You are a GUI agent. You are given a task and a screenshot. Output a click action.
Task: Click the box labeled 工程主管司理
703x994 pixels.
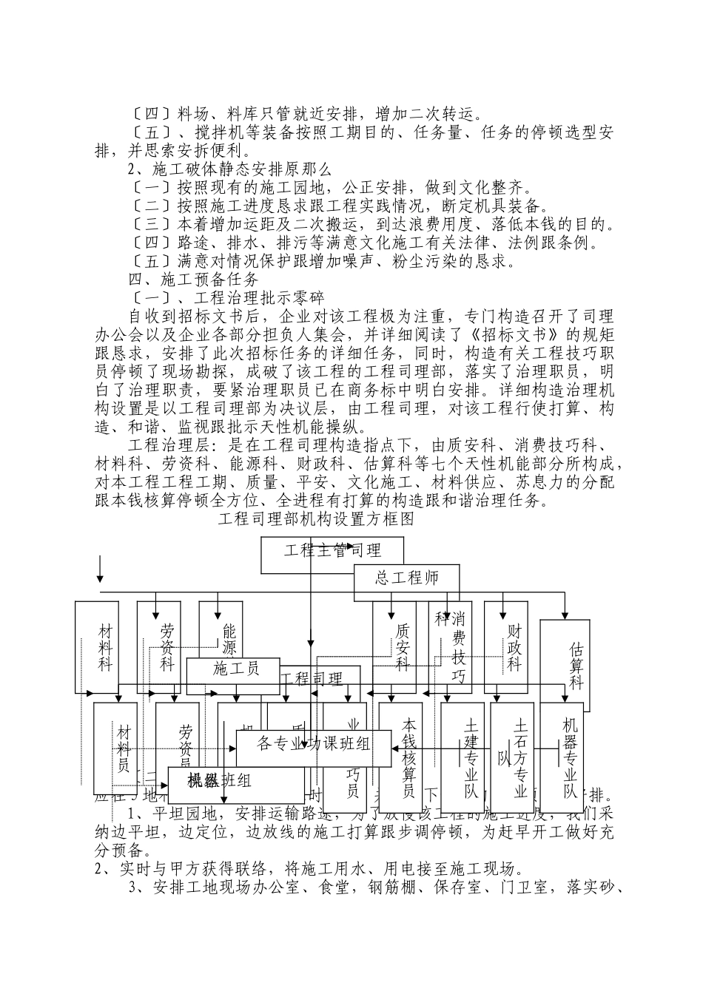click(332, 551)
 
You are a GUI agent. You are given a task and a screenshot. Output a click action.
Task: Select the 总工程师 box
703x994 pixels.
click(406, 578)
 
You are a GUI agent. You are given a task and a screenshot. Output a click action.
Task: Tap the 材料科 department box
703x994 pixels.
click(106, 648)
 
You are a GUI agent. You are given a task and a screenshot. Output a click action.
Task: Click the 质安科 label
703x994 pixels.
click(402, 648)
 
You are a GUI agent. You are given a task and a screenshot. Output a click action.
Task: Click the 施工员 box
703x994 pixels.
click(236, 670)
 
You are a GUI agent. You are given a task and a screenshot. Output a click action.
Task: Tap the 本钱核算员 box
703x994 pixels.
click(408, 758)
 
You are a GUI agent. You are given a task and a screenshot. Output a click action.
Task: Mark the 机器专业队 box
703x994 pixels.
click(569, 758)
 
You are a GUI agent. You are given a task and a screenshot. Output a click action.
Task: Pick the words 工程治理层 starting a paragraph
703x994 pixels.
click(169, 445)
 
